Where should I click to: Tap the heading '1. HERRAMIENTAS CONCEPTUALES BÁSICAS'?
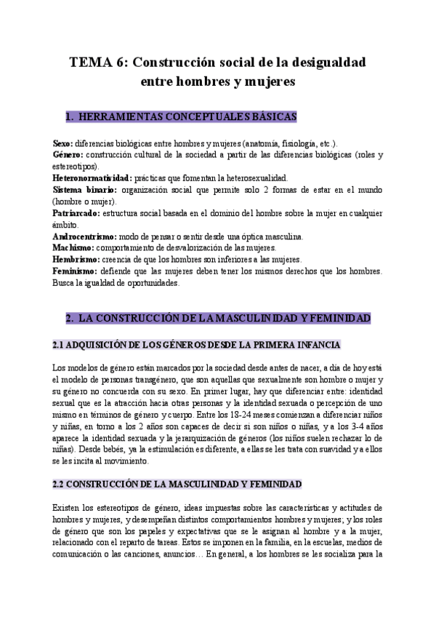tap(180, 116)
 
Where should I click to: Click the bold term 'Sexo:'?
tap(62, 143)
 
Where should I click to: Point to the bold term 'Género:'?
tap(68, 155)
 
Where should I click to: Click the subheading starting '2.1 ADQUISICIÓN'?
tap(197, 344)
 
